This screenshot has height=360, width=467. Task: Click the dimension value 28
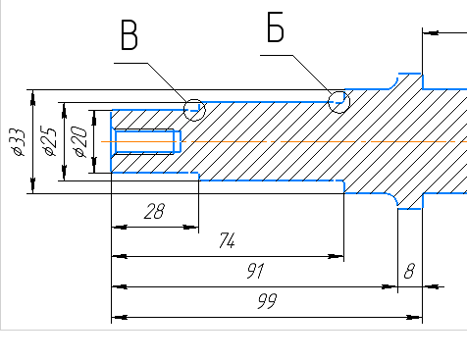click(154, 211)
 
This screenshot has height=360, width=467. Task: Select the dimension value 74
click(227, 240)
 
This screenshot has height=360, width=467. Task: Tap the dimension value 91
click(255, 271)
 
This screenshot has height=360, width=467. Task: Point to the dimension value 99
click(267, 301)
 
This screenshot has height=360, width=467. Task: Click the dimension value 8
click(409, 271)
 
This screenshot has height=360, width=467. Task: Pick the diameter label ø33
click(18, 142)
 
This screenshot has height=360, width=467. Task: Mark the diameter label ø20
click(80, 141)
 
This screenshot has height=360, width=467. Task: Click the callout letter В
click(130, 34)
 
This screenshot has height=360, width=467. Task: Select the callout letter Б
click(276, 27)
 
